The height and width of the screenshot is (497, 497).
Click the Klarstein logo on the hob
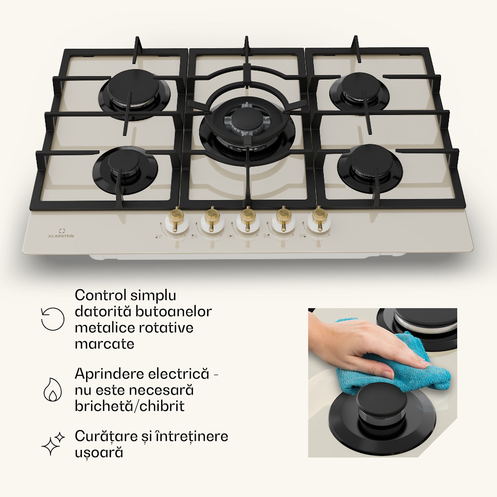click(x=61, y=233)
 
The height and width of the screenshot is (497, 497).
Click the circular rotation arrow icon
click(x=52, y=319)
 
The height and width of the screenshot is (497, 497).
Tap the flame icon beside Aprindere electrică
click(x=53, y=389)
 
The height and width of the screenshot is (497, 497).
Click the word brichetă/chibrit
click(x=130, y=406)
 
